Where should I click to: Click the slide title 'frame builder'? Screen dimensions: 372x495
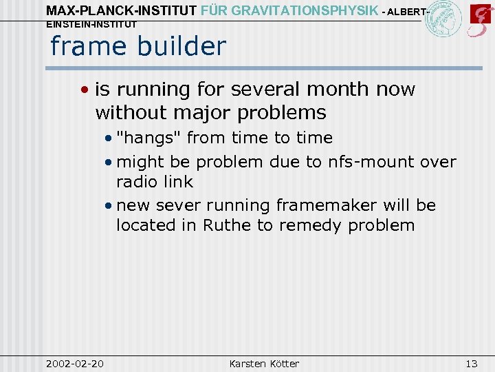click(137, 46)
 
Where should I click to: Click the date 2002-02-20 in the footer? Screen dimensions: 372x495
click(74, 363)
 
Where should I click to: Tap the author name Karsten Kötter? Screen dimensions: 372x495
click(264, 363)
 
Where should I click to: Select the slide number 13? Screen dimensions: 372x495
click(471, 363)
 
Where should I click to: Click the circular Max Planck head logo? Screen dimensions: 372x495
click(442, 19)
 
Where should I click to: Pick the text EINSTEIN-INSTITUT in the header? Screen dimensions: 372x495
click(91, 24)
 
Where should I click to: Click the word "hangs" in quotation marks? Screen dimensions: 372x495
click(149, 138)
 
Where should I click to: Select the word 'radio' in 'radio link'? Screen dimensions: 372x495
click(135, 182)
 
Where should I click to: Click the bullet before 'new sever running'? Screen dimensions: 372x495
click(110, 205)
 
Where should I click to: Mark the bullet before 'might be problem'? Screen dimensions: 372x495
click(110, 163)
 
